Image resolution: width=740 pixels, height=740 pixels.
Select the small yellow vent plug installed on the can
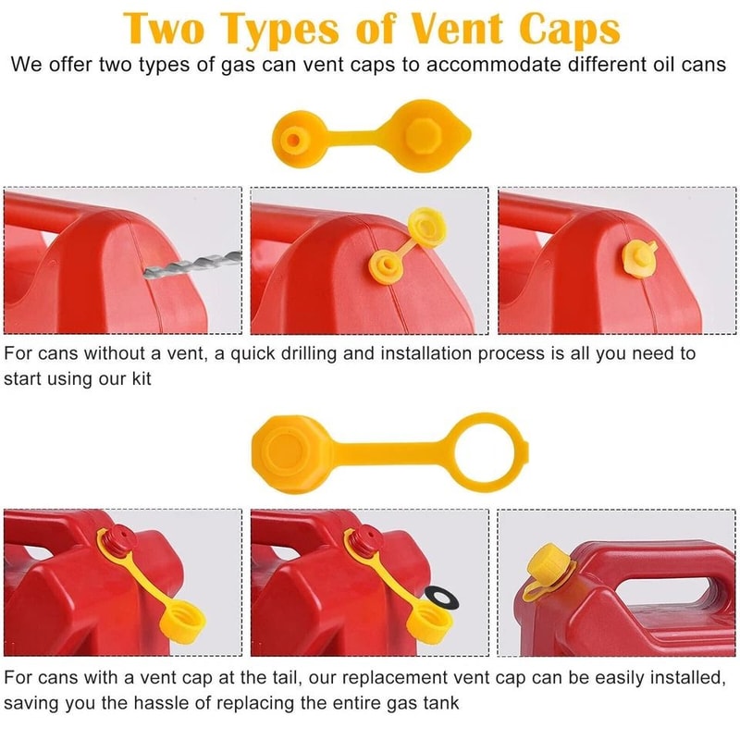640,254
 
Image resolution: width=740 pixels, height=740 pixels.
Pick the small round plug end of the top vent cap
296,140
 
